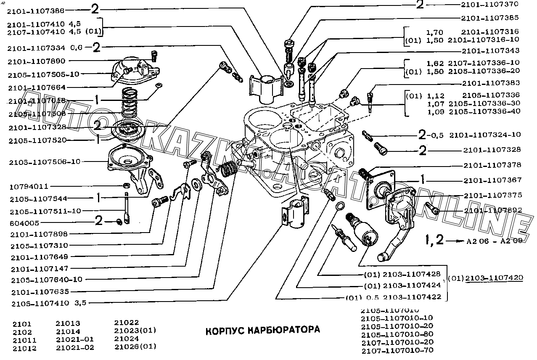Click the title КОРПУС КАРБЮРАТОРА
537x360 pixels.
262,329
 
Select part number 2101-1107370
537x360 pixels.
490,5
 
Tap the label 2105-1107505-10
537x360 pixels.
43,74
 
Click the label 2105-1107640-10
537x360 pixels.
47,279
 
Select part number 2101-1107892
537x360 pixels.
493,210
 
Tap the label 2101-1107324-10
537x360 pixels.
485,135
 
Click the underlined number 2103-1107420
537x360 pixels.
494,278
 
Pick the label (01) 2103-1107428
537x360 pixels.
402,274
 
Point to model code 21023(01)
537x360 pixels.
135,331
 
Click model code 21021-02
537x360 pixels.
75,347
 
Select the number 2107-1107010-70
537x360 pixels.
397,350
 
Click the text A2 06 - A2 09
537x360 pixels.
488,241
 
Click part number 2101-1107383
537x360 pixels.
491,83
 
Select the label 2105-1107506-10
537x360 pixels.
46,161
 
